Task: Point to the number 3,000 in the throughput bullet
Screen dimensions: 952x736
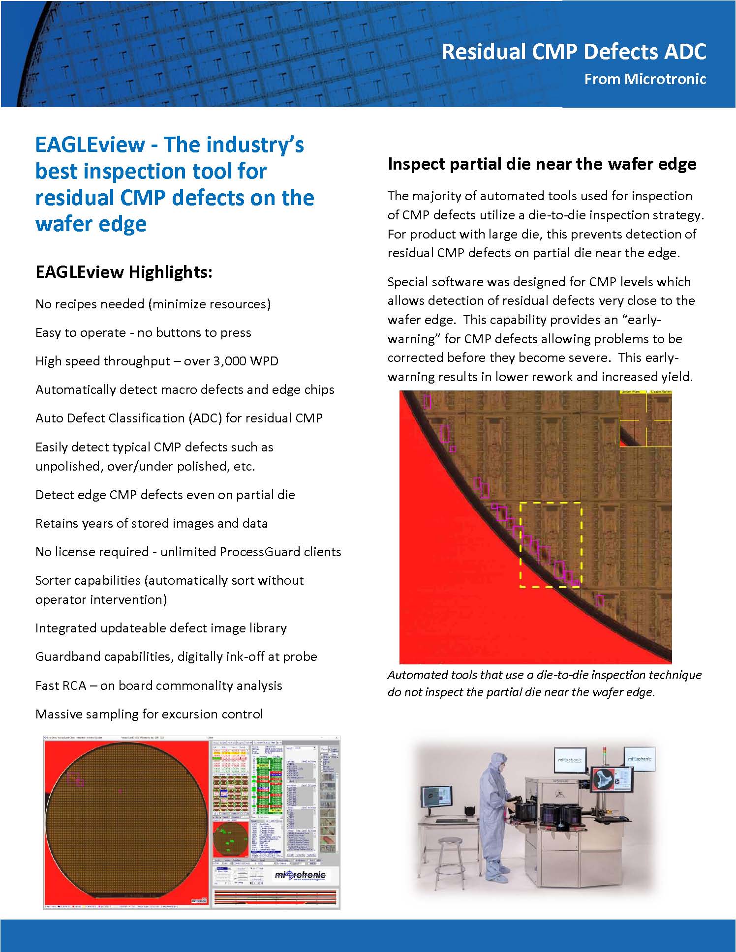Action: pyautogui.click(x=230, y=361)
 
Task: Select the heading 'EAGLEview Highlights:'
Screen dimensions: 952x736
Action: pyautogui.click(x=123, y=272)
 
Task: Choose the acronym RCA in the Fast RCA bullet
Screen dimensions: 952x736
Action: pyautogui.click(x=74, y=685)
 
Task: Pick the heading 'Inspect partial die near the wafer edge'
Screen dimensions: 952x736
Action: pyautogui.click(x=542, y=164)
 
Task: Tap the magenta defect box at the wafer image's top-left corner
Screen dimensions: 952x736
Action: pyautogui.click(x=427, y=402)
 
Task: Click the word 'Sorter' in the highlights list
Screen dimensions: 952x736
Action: pyautogui.click(x=56, y=580)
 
